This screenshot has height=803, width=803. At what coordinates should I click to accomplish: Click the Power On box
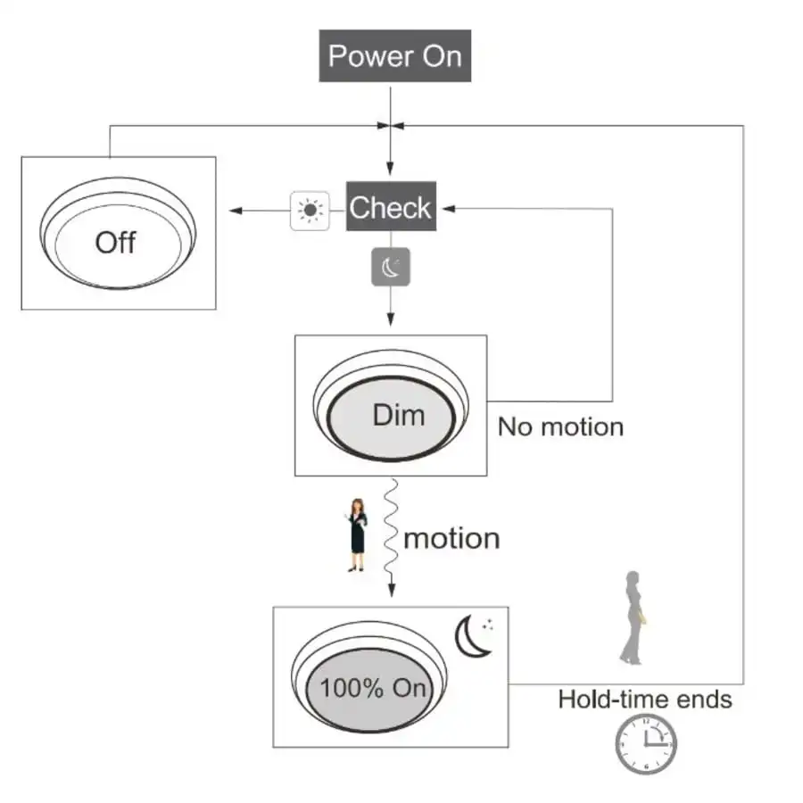pos(394,56)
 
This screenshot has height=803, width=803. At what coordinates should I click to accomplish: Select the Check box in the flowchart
pos(390,208)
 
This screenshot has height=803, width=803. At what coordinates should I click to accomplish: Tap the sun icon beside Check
pos(310,211)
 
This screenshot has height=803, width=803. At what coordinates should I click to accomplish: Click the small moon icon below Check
pos(391,266)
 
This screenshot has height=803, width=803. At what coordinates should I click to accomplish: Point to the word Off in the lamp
pos(115,242)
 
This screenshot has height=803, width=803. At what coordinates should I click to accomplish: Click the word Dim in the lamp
pos(398,415)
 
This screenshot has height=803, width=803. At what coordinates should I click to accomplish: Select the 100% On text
pos(373,689)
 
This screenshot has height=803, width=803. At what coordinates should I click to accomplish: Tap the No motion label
pos(560,426)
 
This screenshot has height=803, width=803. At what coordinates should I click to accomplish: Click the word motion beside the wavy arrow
pos(451,539)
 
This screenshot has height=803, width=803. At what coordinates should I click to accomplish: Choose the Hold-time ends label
pos(644,699)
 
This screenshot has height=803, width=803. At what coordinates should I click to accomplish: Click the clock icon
pos(645,744)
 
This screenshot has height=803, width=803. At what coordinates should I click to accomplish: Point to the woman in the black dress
pos(357,534)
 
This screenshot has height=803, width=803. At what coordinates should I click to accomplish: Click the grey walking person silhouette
pos(633,617)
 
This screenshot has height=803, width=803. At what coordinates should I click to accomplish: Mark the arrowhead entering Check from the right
pos(449,209)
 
